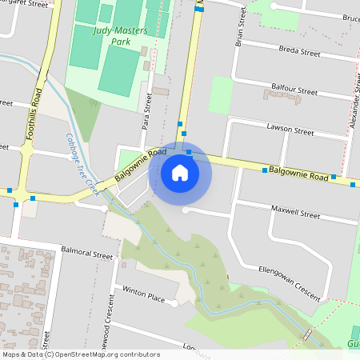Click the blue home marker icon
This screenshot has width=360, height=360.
[x=180, y=173]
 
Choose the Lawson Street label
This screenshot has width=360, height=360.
[x=290, y=130]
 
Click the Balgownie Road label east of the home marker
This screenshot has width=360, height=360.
[x=298, y=171]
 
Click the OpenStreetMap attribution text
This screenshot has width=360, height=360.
[x=81, y=354]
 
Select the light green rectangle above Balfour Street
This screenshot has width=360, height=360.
[x=220, y=95]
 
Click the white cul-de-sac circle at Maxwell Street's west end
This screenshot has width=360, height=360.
[x=186, y=210]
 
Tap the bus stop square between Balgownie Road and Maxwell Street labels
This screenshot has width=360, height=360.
[x=265, y=170]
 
